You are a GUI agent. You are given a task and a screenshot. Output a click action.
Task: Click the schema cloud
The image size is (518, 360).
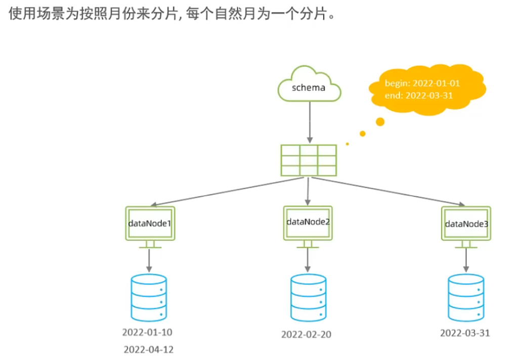point(309,87)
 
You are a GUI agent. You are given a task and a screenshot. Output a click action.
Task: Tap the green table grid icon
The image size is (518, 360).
point(309,161)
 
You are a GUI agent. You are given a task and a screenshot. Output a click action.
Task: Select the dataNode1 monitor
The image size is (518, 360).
point(150,224)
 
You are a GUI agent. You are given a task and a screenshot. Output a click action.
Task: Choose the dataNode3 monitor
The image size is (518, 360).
point(466,224)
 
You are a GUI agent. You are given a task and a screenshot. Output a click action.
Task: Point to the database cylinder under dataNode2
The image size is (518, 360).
point(308,298)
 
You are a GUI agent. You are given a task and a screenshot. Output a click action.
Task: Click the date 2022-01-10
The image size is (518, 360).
point(147,332)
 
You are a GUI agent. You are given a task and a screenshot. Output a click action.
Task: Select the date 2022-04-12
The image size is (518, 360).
point(148,349)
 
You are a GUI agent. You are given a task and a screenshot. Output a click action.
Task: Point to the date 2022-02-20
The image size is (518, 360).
point(307,334)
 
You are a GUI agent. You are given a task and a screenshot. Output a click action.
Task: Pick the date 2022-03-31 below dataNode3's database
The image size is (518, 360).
point(465,333)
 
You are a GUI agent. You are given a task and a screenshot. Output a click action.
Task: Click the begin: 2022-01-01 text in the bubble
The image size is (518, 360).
point(422,83)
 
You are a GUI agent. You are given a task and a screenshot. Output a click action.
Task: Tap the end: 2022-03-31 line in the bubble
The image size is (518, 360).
point(418,95)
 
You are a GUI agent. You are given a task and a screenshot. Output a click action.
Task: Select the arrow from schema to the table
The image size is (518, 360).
point(309,122)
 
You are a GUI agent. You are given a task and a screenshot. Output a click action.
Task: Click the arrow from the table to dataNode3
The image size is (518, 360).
point(390,191)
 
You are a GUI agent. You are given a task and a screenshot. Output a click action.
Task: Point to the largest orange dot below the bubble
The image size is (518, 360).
point(379,121)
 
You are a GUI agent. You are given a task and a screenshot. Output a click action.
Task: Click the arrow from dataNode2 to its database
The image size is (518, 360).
point(308,259)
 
